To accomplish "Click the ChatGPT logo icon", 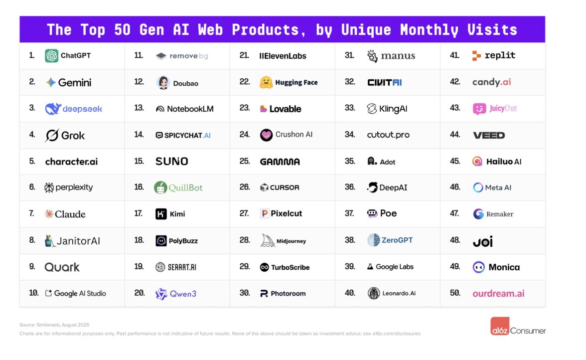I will coord(51,56).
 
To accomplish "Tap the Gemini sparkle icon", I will coord(50,83).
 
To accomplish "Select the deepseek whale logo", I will coord(52,109).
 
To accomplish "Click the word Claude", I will coord(70,214).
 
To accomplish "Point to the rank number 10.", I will coord(34,293).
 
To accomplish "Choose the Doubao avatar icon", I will coord(163,83).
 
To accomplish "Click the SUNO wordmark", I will coord(171,162).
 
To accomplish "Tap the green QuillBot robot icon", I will coord(160,187).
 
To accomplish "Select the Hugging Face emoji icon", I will coord(266,83).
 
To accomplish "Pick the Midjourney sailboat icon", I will coord(268,241).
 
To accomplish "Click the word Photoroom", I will coord(288,294).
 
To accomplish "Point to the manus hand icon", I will coord(372,56).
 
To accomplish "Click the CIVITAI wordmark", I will coord(384,83).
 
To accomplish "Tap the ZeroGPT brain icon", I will coord(374,240).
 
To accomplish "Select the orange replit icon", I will coord(476,56).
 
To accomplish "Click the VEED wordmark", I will coord(488,135).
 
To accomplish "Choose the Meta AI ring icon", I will coord(478,188).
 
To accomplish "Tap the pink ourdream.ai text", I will coord(498,294).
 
